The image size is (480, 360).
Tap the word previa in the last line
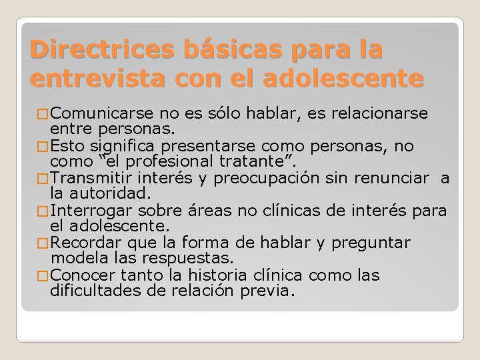coord(269,290)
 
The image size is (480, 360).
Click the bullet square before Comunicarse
coord(43,113)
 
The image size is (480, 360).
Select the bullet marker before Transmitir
coord(43,178)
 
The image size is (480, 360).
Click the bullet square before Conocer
coord(43,275)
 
